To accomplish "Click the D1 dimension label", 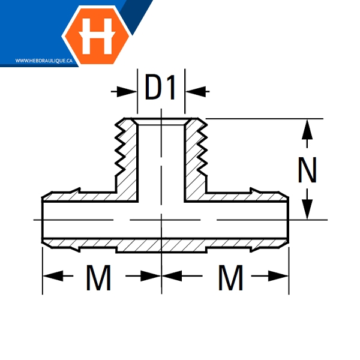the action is click(160, 87).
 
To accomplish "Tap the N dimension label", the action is click(307, 170).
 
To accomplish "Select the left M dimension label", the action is click(99, 278).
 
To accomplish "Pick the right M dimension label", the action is click(230, 278).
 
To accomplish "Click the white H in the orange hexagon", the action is click(97, 36).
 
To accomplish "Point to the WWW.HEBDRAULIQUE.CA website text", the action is click(44, 61).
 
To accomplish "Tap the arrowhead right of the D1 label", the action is click(196, 92).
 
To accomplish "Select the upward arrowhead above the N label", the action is click(307, 129).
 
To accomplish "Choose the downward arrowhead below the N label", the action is click(307, 209).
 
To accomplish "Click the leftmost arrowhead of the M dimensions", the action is click(53, 276).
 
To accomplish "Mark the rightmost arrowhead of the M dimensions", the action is click(278, 276).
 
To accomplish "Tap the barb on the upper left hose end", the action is click(76, 191).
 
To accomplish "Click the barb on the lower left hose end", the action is click(75, 250).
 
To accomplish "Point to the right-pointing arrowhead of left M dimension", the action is click(151, 276).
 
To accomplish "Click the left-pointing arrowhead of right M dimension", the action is click(172, 276).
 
